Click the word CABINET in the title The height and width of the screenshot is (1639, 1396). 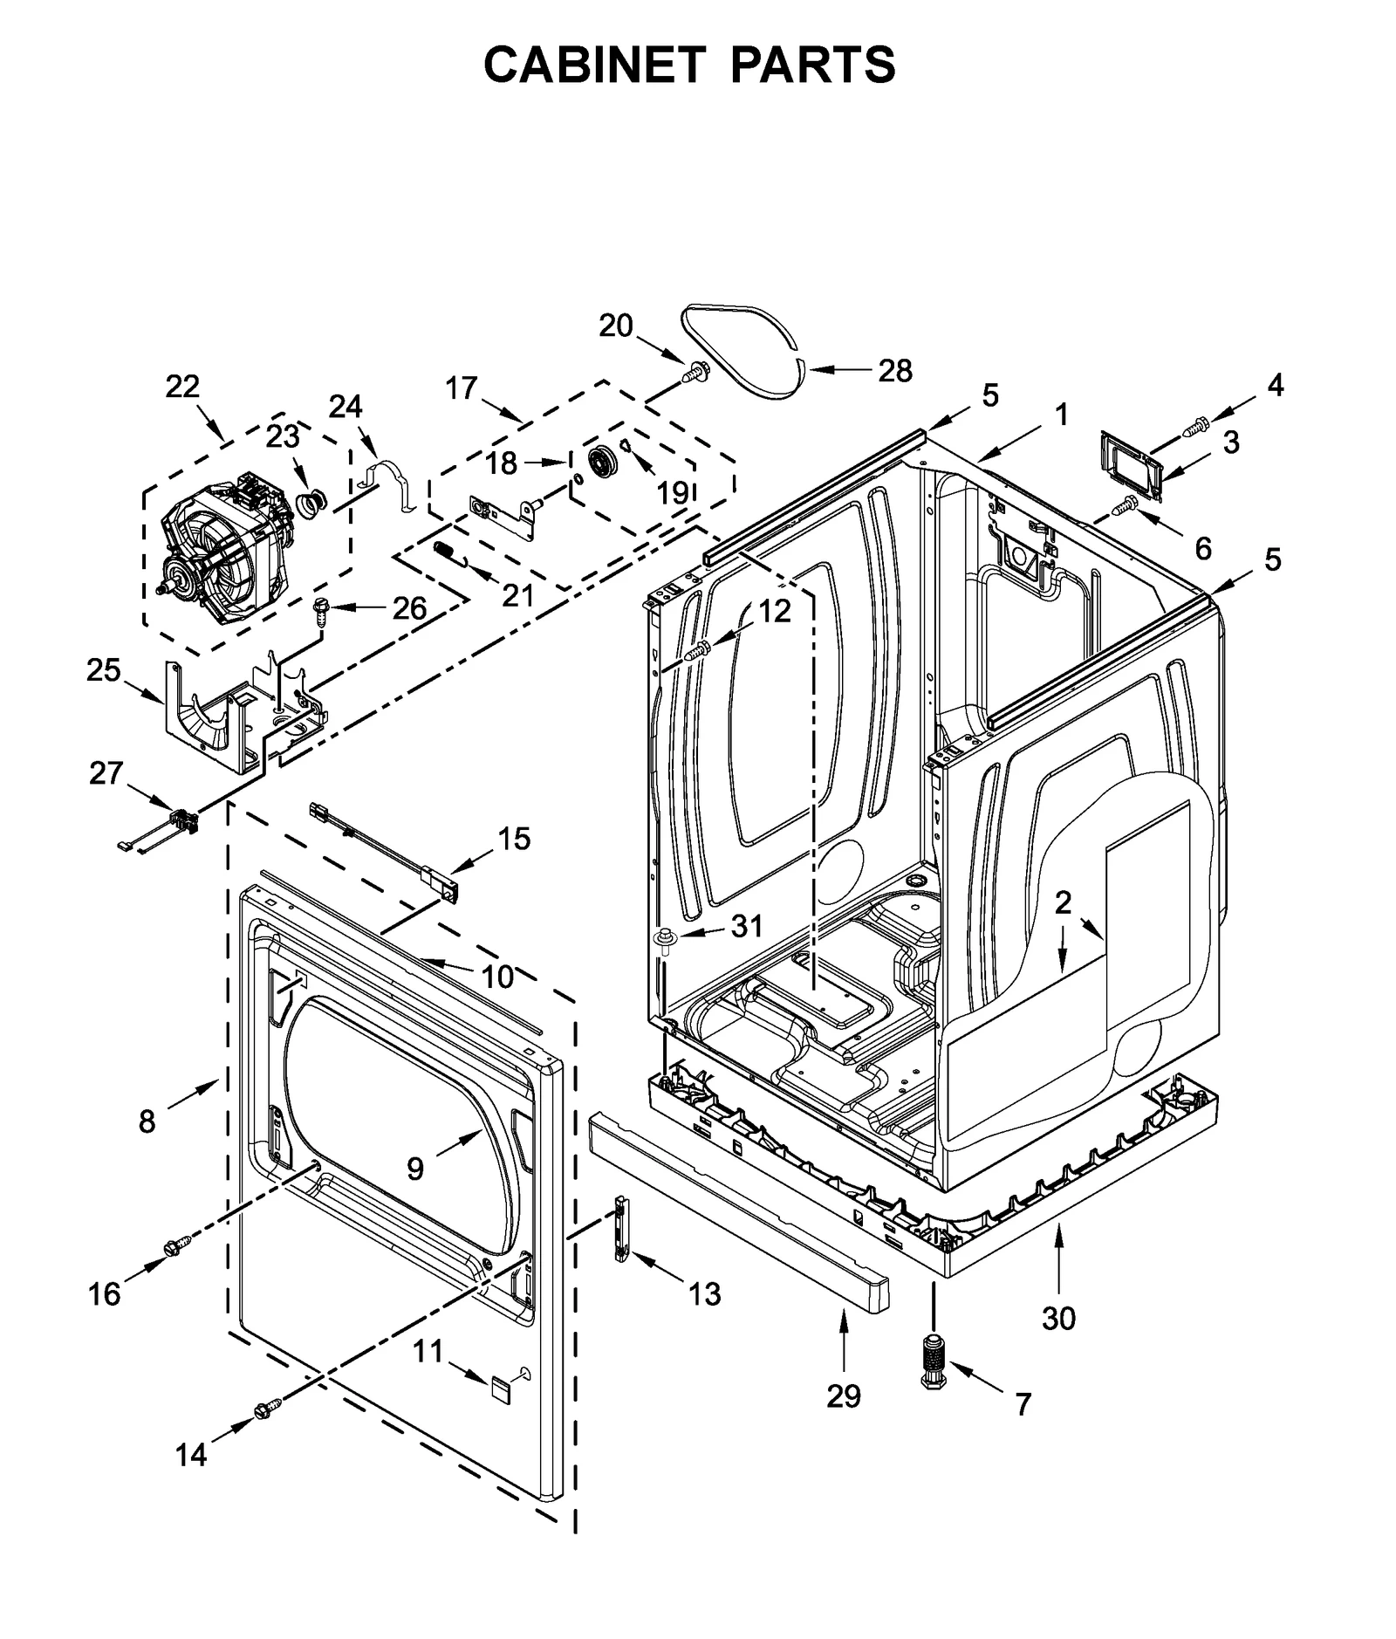[x=593, y=65]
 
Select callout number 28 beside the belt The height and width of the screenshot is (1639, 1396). [x=895, y=371]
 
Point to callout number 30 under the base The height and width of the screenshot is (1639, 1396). [x=1058, y=1318]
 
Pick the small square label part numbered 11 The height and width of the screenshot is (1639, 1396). [x=499, y=1387]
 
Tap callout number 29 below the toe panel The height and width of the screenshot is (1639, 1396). [x=844, y=1396]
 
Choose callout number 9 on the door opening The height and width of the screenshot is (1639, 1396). [x=415, y=1169]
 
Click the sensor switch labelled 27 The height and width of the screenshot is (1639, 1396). [x=181, y=820]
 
